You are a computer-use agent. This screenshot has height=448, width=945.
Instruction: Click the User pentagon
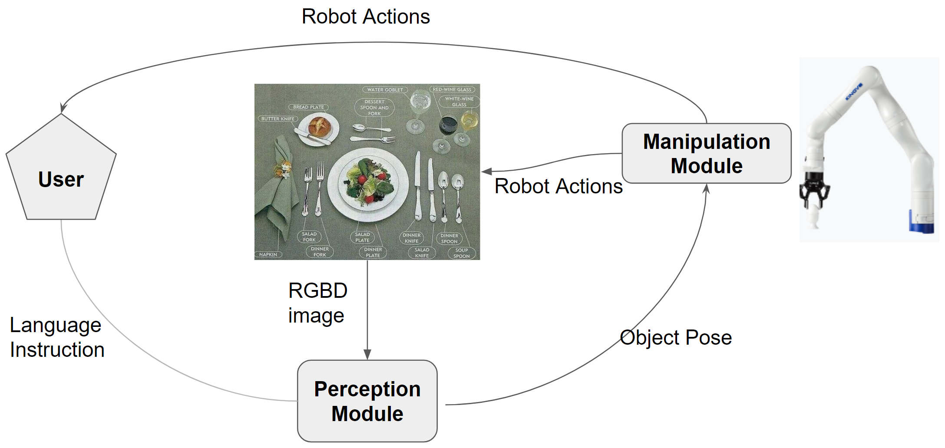(61, 174)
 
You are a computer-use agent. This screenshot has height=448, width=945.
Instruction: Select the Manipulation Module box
(706, 153)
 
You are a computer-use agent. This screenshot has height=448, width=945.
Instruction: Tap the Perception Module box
(367, 401)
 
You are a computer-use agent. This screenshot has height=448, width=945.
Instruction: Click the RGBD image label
(317, 303)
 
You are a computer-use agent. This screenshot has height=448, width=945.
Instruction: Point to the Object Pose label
(675, 337)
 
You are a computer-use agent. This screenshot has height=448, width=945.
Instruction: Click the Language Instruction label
(57, 337)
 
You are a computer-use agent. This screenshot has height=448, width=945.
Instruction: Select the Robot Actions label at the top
(365, 16)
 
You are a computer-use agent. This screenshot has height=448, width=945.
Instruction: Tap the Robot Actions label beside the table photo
(558, 186)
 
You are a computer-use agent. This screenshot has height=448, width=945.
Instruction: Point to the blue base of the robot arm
(921, 222)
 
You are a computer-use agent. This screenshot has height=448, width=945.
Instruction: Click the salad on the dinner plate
(369, 183)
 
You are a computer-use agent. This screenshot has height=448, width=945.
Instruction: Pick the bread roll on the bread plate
(320, 126)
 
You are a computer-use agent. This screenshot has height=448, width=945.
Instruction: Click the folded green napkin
(276, 191)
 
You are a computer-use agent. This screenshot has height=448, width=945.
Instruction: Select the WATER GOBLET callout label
(385, 90)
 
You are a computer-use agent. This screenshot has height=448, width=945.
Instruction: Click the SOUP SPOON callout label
(461, 253)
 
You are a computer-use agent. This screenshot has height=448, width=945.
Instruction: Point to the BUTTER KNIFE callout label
(278, 119)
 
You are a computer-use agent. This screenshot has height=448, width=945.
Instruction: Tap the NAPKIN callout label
(268, 254)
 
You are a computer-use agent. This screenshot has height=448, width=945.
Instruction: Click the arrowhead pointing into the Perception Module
(367, 355)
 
